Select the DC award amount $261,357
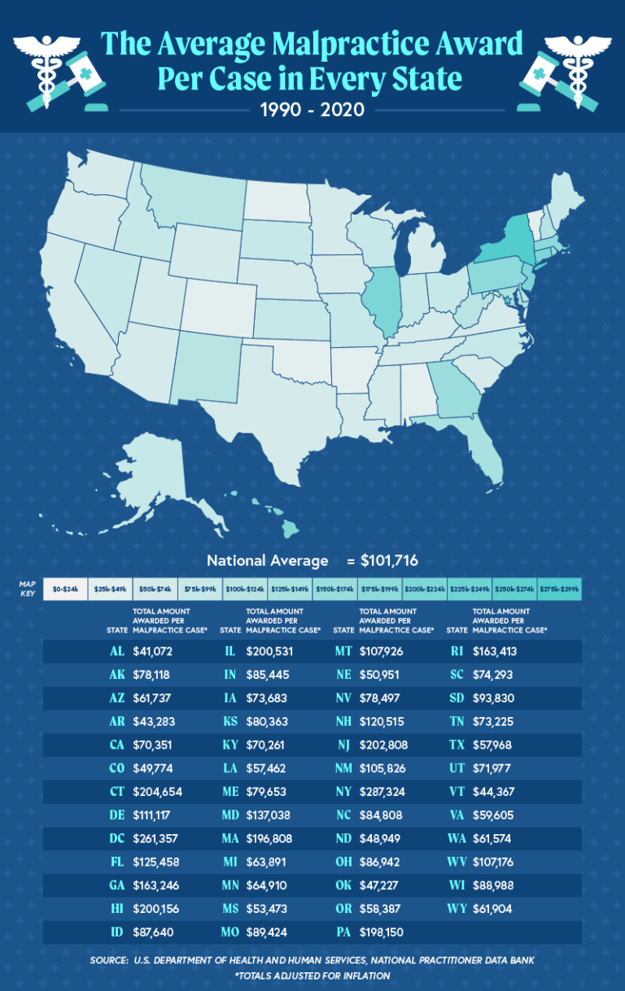click(154, 838)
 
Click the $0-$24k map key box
click(64, 588)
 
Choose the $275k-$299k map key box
click(560, 588)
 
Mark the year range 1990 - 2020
click(312, 109)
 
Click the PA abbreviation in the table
click(343, 932)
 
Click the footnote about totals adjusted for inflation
click(313, 975)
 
